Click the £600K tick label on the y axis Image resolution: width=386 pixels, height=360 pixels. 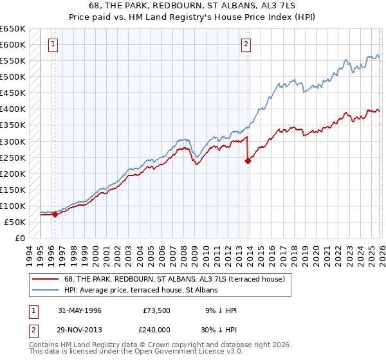click(x=14, y=45)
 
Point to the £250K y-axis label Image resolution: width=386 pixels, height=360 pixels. click(x=14, y=157)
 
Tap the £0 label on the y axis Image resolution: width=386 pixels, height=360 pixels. click(x=19, y=238)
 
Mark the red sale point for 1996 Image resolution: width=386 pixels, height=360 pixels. click(x=55, y=215)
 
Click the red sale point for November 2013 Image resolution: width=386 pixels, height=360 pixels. click(x=248, y=161)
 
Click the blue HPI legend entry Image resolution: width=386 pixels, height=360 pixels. click(x=142, y=290)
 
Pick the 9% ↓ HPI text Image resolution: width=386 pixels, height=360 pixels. click(x=221, y=310)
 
